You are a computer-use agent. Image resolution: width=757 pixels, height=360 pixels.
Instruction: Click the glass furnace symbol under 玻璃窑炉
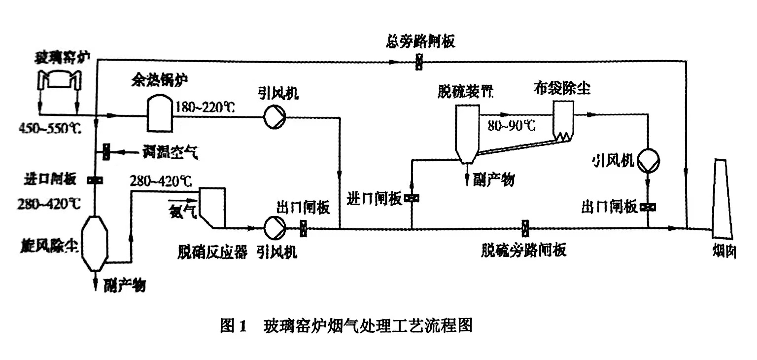coord(59,81)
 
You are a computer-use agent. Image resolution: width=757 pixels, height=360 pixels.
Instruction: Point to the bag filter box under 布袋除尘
coord(563,120)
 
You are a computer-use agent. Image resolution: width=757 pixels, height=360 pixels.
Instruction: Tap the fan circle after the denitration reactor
coord(272,227)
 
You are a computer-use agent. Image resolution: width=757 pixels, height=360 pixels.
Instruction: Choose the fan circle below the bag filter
coord(647,159)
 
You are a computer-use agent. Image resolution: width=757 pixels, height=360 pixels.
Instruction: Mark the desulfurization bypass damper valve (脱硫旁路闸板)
coord(525,228)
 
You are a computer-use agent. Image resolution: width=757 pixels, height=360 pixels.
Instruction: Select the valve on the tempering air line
coord(105,152)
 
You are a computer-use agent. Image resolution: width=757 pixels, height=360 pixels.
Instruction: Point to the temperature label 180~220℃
coord(205,107)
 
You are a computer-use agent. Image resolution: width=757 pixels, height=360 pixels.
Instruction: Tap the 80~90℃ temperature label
coord(511,125)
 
